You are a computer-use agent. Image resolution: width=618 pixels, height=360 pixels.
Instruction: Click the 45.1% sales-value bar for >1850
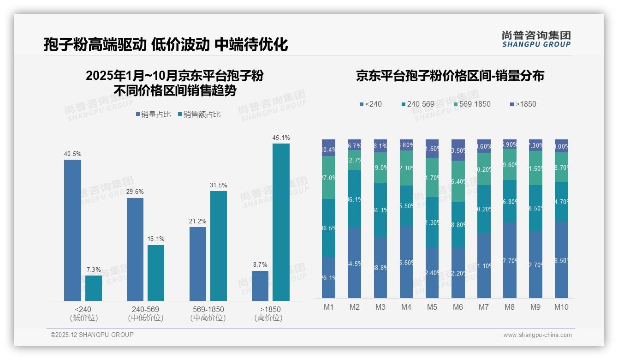point(281,222)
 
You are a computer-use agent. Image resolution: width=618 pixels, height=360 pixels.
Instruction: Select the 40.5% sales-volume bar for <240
point(72,230)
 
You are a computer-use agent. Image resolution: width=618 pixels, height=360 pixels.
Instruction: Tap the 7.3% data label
point(93,270)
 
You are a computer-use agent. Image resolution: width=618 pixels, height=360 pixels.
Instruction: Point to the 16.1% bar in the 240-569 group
point(156,273)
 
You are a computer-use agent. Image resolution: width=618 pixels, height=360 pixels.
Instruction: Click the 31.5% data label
point(218,185)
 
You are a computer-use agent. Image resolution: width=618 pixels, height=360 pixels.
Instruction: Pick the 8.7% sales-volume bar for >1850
point(260,286)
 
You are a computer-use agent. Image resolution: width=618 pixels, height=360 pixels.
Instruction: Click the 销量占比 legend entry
point(153,114)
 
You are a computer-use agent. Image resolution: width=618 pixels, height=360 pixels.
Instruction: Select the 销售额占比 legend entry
point(199,114)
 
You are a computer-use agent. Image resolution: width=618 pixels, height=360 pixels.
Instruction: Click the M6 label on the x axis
point(458,307)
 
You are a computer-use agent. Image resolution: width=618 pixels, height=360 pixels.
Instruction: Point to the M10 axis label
point(561,307)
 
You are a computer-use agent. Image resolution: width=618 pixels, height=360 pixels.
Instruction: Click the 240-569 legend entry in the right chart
point(418,104)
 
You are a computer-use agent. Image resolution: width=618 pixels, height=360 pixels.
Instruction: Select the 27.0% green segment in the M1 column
point(328,178)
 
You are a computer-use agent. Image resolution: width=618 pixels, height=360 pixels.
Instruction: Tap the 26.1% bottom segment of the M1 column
point(328,277)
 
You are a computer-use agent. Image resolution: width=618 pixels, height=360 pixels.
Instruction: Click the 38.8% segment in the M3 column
point(380,267)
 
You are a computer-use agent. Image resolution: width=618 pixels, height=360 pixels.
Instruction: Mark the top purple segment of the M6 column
point(458,150)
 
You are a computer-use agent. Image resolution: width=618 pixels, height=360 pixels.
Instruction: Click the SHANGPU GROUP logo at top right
point(536,39)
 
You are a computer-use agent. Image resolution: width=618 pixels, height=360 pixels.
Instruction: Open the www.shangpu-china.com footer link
point(537,335)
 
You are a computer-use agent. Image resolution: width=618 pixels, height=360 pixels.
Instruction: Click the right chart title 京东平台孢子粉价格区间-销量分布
point(450,76)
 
